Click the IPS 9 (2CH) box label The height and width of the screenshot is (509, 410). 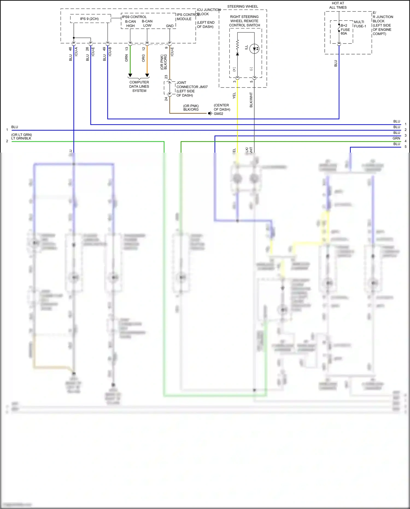click(89, 19)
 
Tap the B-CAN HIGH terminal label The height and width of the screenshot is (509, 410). click(130, 24)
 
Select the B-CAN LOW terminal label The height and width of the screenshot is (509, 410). click(147, 24)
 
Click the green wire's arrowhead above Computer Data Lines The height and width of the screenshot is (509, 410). click(130, 75)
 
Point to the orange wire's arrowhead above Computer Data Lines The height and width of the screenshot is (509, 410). click(147, 75)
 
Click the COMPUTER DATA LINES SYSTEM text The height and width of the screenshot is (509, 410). click(139, 86)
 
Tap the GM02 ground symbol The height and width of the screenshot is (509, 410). click(210, 113)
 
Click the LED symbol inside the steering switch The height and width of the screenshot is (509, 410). click(254, 49)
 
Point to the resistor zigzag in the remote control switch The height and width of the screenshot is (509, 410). click(237, 44)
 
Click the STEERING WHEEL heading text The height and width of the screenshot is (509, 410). click(242, 7)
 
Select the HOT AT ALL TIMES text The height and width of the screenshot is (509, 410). click(338, 5)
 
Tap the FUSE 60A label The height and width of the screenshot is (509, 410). click(345, 30)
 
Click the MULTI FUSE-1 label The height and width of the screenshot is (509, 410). click(360, 24)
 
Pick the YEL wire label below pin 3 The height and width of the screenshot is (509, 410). click(234, 95)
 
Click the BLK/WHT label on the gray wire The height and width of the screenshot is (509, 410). click(251, 100)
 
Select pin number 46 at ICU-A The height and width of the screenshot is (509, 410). click(70, 49)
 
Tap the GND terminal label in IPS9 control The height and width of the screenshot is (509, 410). click(170, 26)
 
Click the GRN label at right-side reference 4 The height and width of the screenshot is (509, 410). click(396, 138)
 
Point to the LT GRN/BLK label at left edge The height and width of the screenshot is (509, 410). click(21, 138)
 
